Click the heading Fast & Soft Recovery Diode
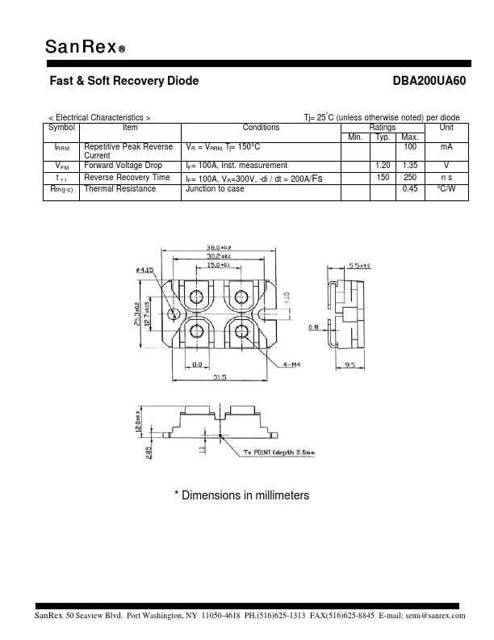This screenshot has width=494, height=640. coord(124,82)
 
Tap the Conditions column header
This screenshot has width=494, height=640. coord(261,128)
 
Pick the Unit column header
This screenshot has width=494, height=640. coord(446,128)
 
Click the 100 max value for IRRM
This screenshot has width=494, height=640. coord(409,147)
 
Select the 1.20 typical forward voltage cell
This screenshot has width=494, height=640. coord(383,166)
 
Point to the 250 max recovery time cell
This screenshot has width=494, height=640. coord(409,177)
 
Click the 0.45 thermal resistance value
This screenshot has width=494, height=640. coord(409,189)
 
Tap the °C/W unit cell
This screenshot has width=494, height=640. coord(446,189)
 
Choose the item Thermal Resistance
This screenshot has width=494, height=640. coord(120,189)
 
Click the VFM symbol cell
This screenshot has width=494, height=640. coord(61,166)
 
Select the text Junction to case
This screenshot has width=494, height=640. coord(215,189)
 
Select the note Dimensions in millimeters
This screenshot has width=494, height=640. coord(242,495)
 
